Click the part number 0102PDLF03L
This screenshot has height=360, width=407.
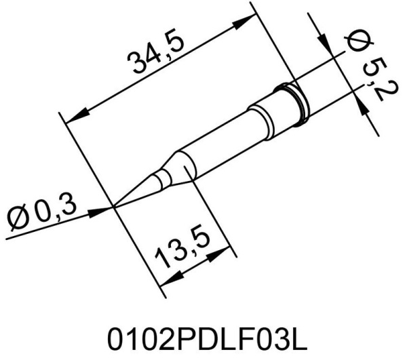point(203,338)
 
